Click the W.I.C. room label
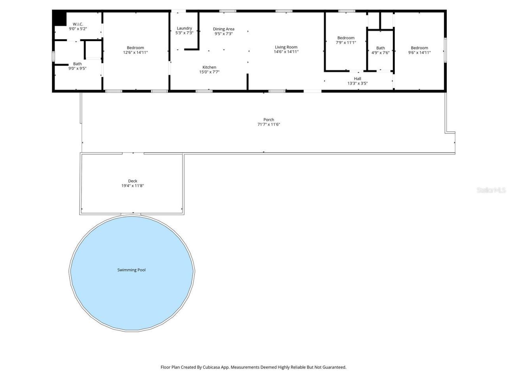pyautogui.click(x=78, y=24)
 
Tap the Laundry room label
pyautogui.click(x=184, y=28)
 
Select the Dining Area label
pyautogui.click(x=223, y=29)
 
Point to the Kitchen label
pyautogui.click(x=209, y=67)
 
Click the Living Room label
pyautogui.click(x=286, y=47)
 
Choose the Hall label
pyautogui.click(x=357, y=79)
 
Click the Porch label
pyautogui.click(x=269, y=120)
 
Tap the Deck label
pyautogui.click(x=132, y=181)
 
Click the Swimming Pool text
pyautogui.click(x=132, y=270)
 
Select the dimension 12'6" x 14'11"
pyautogui.click(x=135, y=52)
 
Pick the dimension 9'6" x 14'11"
pyautogui.click(x=419, y=52)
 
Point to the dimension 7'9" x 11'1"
pyautogui.click(x=346, y=42)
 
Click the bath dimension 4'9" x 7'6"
pyautogui.click(x=380, y=53)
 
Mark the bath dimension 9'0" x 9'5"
pyautogui.click(x=77, y=68)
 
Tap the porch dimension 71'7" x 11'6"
pyautogui.click(x=269, y=124)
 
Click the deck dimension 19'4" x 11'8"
pyautogui.click(x=132, y=186)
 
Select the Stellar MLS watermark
pyautogui.click(x=491, y=190)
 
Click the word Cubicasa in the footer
pyautogui.click(x=212, y=367)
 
